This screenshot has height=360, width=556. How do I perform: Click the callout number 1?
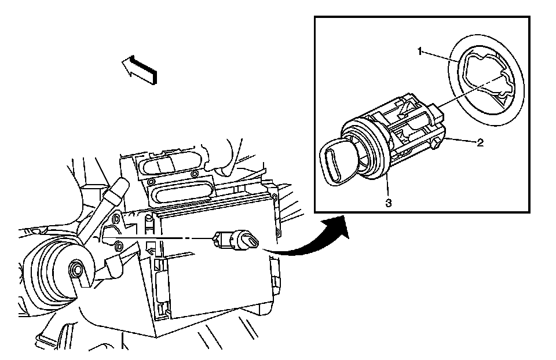pos(420,52)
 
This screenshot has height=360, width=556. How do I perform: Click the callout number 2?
pos(480,142)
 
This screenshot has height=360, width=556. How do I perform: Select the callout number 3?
pos(389,203)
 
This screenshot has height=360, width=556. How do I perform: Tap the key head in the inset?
pos(338,161)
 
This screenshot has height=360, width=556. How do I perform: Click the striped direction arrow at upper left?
pos(139,70)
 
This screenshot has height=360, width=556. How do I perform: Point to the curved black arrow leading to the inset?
pos(309,237)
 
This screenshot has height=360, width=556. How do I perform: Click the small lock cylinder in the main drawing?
pos(235,239)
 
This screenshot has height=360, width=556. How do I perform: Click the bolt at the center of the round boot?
pos(76,269)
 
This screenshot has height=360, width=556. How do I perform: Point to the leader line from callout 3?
pos(387,185)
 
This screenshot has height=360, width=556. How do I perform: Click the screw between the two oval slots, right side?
pos(193,174)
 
